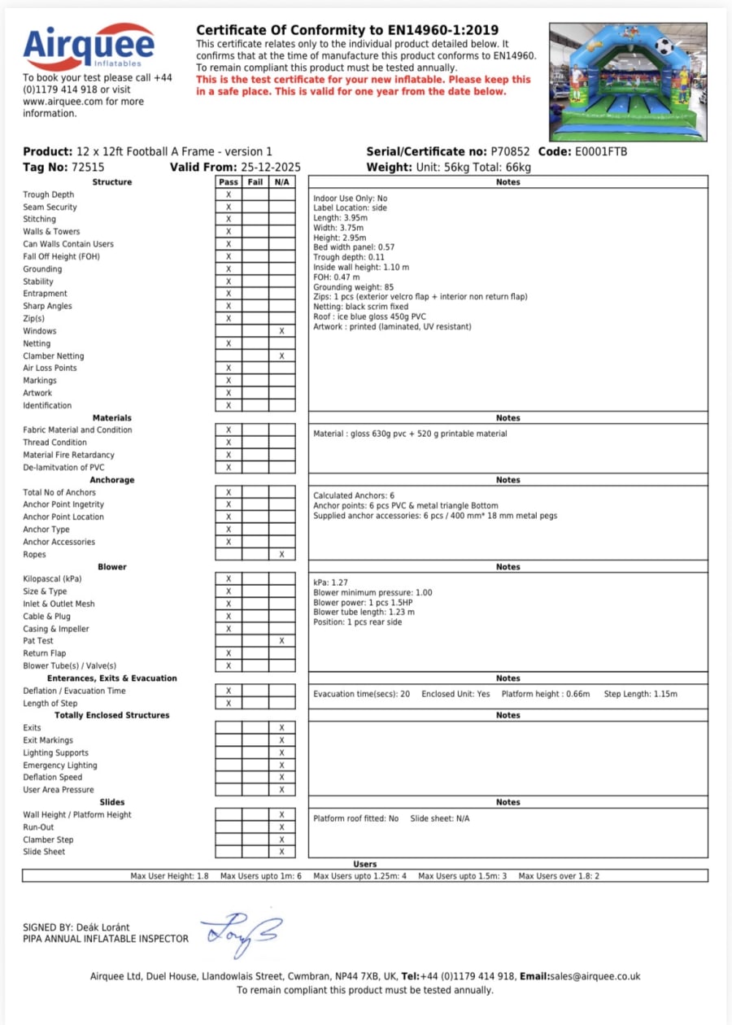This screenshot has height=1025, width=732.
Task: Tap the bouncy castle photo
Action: [628, 81]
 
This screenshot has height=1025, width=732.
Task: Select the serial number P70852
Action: [511, 152]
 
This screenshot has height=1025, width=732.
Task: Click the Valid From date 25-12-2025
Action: [271, 168]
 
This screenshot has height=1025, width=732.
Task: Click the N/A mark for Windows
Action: [281, 331]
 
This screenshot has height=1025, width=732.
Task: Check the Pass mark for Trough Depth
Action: [229, 195]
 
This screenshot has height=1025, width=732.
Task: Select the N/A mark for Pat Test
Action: [281, 641]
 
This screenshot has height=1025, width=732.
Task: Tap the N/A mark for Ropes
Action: [281, 555]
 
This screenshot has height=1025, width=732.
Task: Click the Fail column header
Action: [255, 182]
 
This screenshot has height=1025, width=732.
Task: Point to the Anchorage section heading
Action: [112, 480]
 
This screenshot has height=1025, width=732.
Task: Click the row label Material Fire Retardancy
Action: [68, 455]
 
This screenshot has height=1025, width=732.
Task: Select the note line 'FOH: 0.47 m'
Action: [336, 277]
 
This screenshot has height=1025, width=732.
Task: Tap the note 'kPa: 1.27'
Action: [330, 583]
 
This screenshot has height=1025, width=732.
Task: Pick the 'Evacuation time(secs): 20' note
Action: [361, 694]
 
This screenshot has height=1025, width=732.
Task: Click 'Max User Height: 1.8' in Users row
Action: [169, 876]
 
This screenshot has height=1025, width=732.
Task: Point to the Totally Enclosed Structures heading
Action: [112, 715]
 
